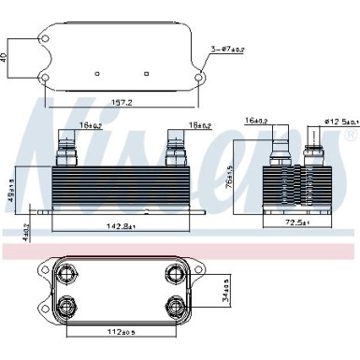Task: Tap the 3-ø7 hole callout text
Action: click(228, 48)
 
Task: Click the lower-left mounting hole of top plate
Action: click(43, 77)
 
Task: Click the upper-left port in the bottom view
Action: click(66, 273)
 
